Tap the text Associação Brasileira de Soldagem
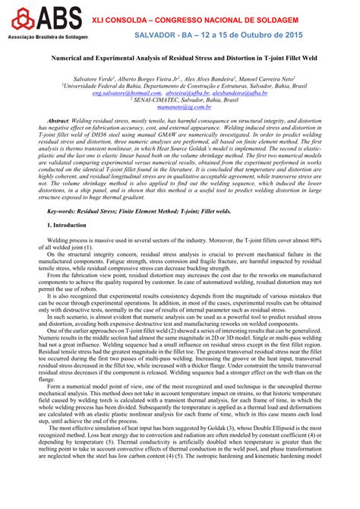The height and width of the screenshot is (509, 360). pos(37,36)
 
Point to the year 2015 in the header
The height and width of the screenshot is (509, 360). pos(289,35)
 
